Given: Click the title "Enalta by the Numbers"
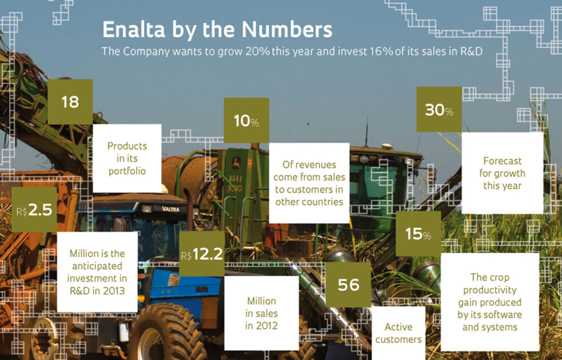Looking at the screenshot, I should click(x=217, y=29).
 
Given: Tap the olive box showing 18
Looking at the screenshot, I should click(x=70, y=102).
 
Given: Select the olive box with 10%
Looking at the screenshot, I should click(x=246, y=121).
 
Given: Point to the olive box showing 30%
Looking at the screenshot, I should click(x=439, y=110).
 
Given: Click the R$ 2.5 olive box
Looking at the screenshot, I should click(x=34, y=210).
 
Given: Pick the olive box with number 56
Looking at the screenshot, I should click(x=348, y=285).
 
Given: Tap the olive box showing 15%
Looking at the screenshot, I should click(x=418, y=234).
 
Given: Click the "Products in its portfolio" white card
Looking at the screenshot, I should click(x=127, y=158).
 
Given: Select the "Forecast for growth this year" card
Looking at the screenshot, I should click(x=503, y=173).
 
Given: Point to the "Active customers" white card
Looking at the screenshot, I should click(x=398, y=333).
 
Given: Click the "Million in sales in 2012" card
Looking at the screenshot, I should click(x=261, y=313).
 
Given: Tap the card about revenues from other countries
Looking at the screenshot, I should click(x=309, y=183).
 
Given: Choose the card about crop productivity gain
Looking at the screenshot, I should click(x=490, y=302).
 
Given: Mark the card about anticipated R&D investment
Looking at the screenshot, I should click(x=97, y=271).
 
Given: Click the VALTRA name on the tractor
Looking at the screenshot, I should click(x=170, y=209).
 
